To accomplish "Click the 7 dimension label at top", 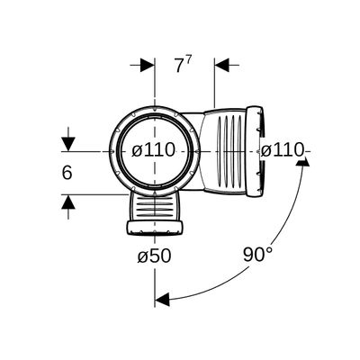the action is pos(179,66).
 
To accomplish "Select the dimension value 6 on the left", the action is pos(67,173).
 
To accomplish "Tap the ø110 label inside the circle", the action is pos(153,149).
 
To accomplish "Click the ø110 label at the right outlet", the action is pos(282,150).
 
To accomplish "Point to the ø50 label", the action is pos(155,256).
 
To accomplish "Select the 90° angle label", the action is pos(257,255).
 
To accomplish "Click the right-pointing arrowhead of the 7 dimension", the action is pos(148,65).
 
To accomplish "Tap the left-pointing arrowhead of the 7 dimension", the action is pos(221,65).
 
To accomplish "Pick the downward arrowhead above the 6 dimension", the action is pos(68,144).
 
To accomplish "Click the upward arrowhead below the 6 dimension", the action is pos(68,202).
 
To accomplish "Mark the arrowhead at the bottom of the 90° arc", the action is pos(162,299).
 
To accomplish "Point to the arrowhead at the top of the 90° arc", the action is pos(302,162).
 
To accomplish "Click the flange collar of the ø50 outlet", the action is pos(155,228).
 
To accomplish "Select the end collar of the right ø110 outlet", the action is pos(255,151).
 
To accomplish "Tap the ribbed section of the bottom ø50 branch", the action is pos(155,208).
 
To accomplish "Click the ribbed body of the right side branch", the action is pos(223,150).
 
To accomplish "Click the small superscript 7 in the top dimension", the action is pos(188,61).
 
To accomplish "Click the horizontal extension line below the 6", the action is pos(94,194).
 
